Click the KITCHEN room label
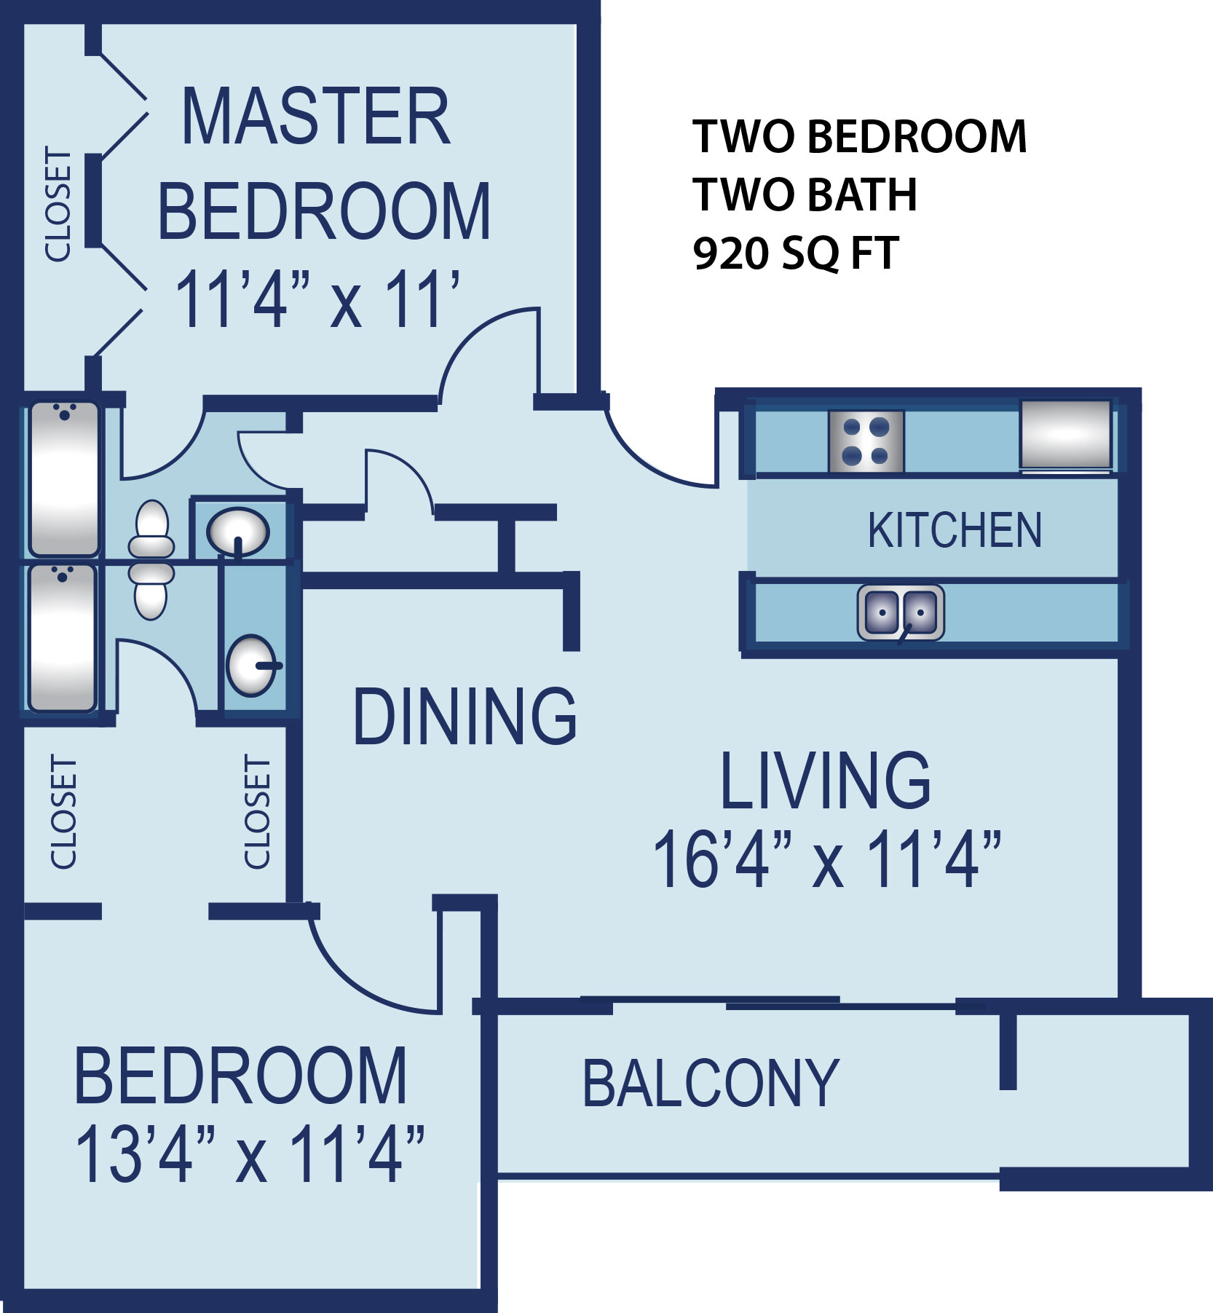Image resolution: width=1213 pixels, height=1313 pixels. [x=955, y=529]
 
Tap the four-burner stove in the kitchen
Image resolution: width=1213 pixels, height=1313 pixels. [x=866, y=441]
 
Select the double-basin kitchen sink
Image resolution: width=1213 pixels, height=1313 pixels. [x=901, y=613]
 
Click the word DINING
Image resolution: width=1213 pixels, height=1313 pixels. [x=465, y=716]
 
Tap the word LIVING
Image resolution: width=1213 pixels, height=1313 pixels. [x=825, y=780]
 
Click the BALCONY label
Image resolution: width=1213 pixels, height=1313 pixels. [x=711, y=1084]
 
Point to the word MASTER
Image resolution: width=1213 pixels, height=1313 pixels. [x=315, y=117]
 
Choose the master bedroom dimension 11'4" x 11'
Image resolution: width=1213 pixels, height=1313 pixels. [x=317, y=299]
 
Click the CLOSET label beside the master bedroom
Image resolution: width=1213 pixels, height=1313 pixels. [x=58, y=204]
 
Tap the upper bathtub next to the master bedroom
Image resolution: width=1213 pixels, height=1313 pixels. [x=64, y=478]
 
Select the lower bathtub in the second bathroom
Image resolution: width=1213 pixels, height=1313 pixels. [x=63, y=638]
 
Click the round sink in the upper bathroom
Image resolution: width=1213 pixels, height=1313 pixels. [x=237, y=532]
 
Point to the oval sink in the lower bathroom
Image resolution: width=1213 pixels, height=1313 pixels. [x=252, y=666]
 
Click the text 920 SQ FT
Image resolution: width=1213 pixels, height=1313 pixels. [x=795, y=253]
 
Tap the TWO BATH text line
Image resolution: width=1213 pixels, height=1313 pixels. [x=805, y=194]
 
